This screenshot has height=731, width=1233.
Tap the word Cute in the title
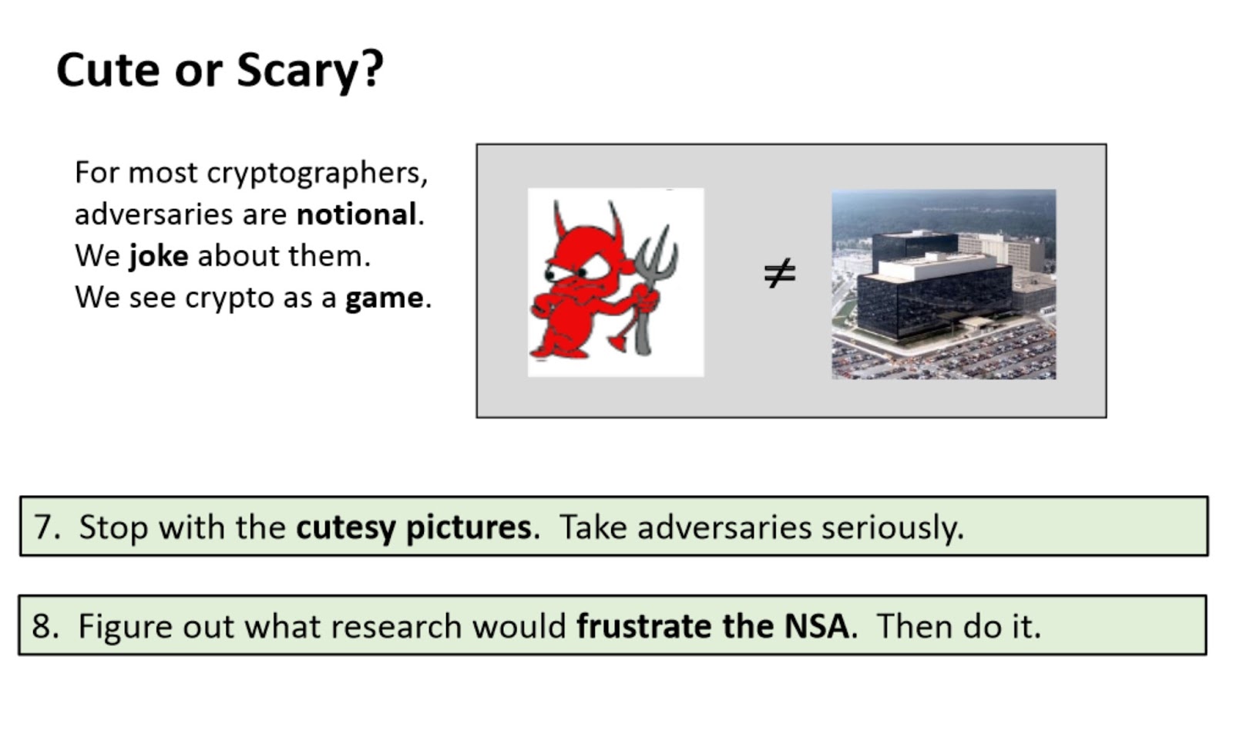coord(109,70)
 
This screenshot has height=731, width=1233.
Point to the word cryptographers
coord(317,174)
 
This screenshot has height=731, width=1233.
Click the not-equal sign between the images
coord(780,273)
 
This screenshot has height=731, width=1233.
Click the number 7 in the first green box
coord(43,527)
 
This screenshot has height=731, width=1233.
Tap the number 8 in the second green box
coord(42,626)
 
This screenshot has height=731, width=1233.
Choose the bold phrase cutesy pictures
coord(414,528)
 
